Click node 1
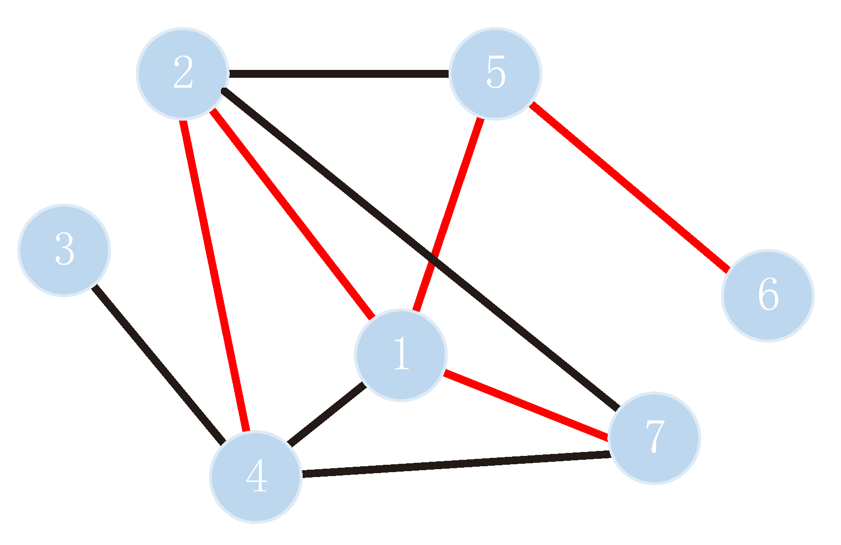[401, 355]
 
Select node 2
[182, 73]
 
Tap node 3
[64, 250]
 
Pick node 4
[255, 476]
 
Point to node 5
[495, 73]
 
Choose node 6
[768, 295]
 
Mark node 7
[654, 438]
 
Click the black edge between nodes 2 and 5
[339, 74]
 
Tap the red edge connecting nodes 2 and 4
[214, 276]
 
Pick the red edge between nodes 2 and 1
[292, 213]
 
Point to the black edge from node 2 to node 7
[345, 190]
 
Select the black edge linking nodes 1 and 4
[326, 415]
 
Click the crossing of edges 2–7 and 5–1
[432, 257]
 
